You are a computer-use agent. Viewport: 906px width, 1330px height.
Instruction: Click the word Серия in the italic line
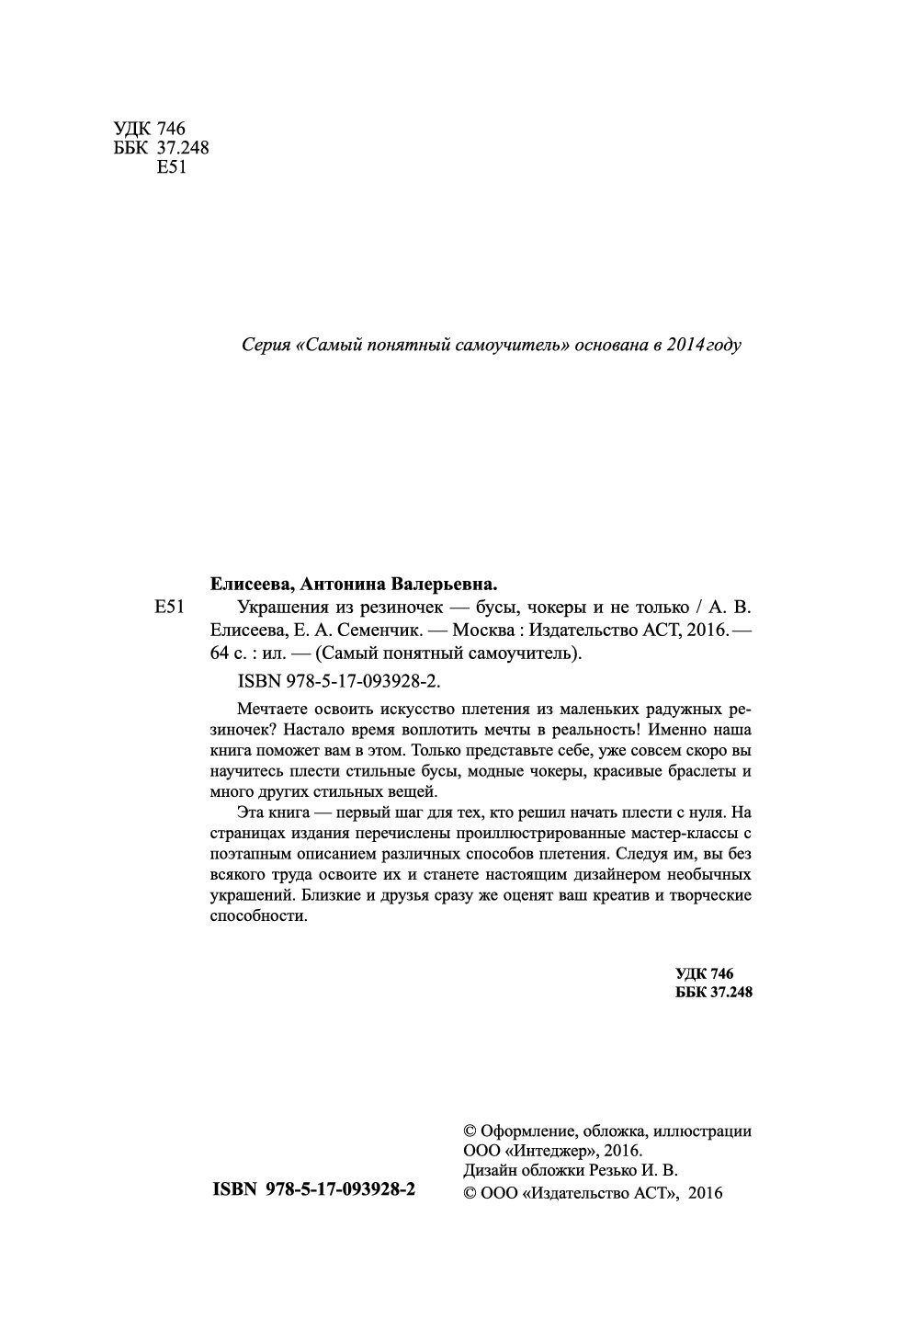[264, 346]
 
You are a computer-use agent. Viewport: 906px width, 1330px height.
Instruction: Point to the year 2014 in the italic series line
[688, 346]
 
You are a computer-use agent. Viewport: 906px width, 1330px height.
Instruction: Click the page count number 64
[221, 654]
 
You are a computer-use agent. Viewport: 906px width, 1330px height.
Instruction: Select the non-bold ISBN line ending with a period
[339, 681]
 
